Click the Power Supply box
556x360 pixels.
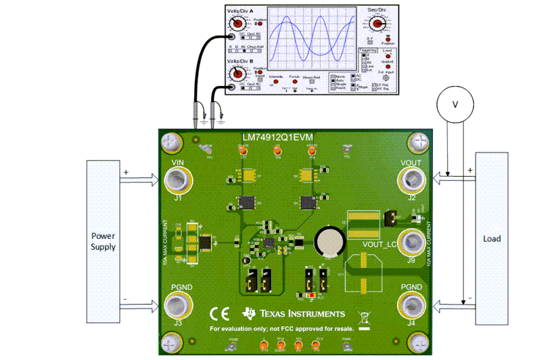[x=103, y=242]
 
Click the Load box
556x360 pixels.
[x=492, y=238]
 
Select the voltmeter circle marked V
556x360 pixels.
[x=455, y=104]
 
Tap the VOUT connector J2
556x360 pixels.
[x=411, y=181]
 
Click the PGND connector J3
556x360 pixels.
[x=178, y=307]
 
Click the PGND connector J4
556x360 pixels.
[x=411, y=307]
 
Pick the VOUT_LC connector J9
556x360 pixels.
[x=411, y=243]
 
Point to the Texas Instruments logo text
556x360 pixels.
[x=304, y=313]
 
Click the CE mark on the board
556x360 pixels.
[x=219, y=314]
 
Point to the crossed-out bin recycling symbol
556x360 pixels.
[x=365, y=315]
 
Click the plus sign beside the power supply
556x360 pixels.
[x=125, y=173]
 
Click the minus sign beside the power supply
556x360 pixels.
[x=125, y=299]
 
